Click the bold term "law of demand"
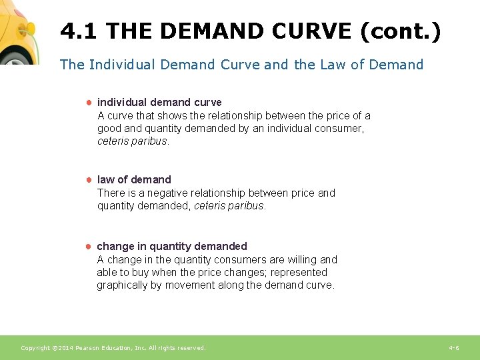tap(134, 179)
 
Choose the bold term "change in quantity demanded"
tap(172, 246)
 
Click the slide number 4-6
tap(453, 348)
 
